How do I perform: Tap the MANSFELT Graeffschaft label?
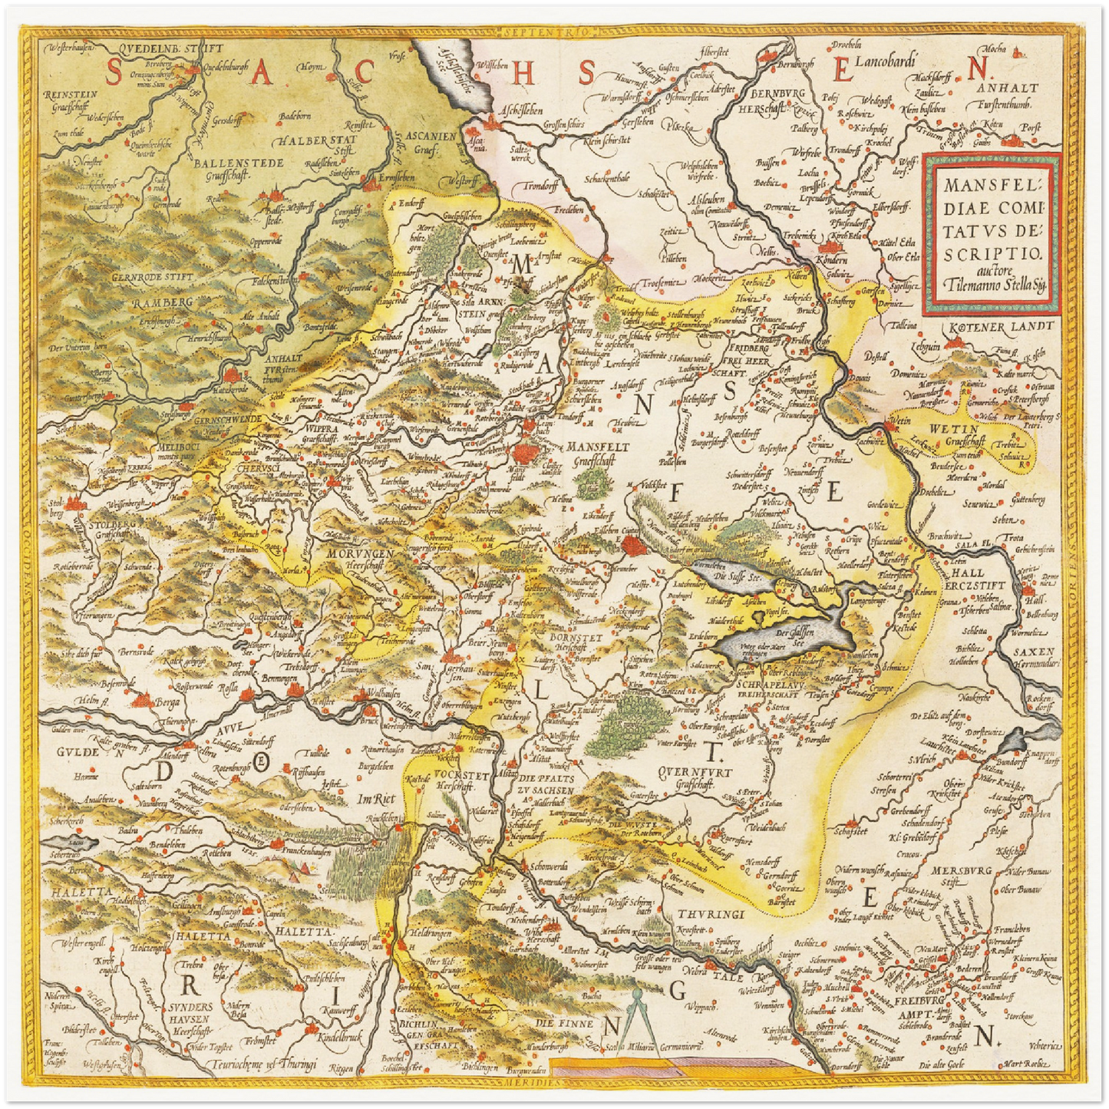click(603, 453)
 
